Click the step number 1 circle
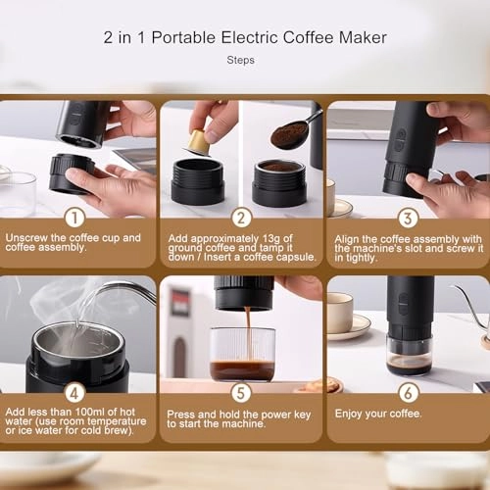tap(75, 218)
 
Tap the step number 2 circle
tap(242, 218)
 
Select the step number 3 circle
tap(408, 218)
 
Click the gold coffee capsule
tap(199, 142)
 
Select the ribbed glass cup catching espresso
tap(243, 355)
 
